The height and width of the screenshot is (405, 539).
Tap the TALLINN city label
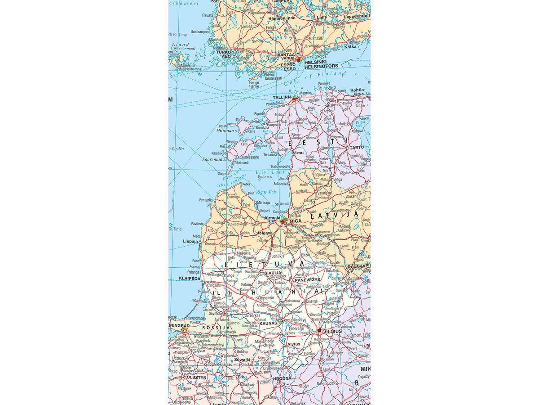click(x=282, y=97)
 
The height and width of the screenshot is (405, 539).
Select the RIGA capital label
click(x=296, y=221)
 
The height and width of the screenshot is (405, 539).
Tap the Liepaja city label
click(x=190, y=241)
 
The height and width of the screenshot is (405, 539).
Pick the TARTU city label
click(x=357, y=147)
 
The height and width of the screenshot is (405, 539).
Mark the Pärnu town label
click(x=298, y=153)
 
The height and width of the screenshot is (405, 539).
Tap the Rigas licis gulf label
click(x=266, y=192)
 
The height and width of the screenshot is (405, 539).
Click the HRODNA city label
click(x=282, y=378)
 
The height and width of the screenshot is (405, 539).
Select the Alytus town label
click(x=294, y=344)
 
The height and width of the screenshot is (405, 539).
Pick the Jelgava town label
click(x=265, y=233)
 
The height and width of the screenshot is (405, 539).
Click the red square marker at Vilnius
click(x=319, y=330)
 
